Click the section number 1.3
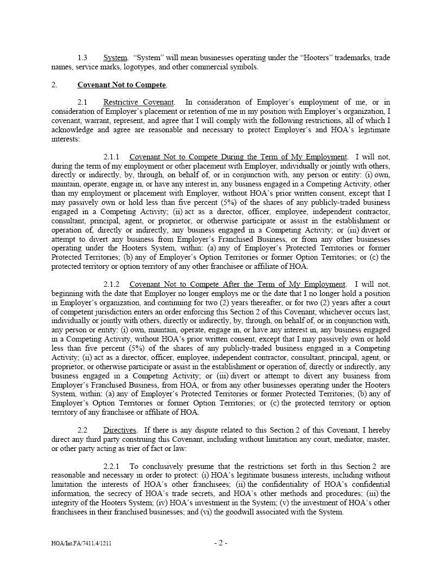point(83,57)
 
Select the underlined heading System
point(115,57)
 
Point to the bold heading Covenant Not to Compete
point(122,85)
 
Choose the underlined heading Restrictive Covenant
point(139,102)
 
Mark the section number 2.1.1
point(111,157)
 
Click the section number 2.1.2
point(111,284)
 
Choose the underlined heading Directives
point(121,429)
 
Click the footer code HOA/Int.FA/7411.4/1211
point(81,543)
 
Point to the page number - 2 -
point(220,543)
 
